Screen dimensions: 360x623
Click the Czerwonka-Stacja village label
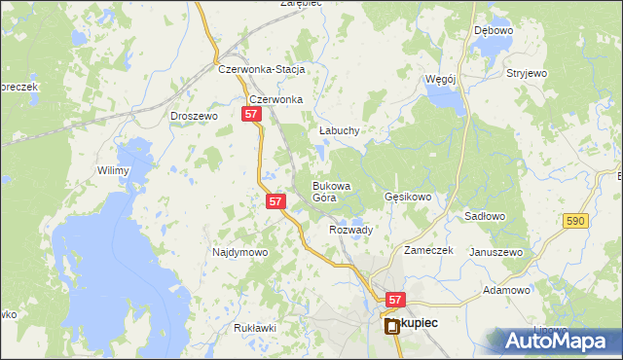click(262, 70)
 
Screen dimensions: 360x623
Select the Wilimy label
click(113, 170)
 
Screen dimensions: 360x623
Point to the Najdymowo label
click(239, 252)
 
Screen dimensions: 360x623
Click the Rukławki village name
click(255, 328)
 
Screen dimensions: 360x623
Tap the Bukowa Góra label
click(330, 191)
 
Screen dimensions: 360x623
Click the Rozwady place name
click(351, 230)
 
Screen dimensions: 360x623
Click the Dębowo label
click(493, 30)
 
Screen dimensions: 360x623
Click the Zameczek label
click(429, 250)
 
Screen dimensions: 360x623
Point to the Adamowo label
click(506, 290)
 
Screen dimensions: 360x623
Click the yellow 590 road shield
click(575, 222)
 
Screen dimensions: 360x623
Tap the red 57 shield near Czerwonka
click(251, 115)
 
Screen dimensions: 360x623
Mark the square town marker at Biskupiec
click(393, 327)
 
